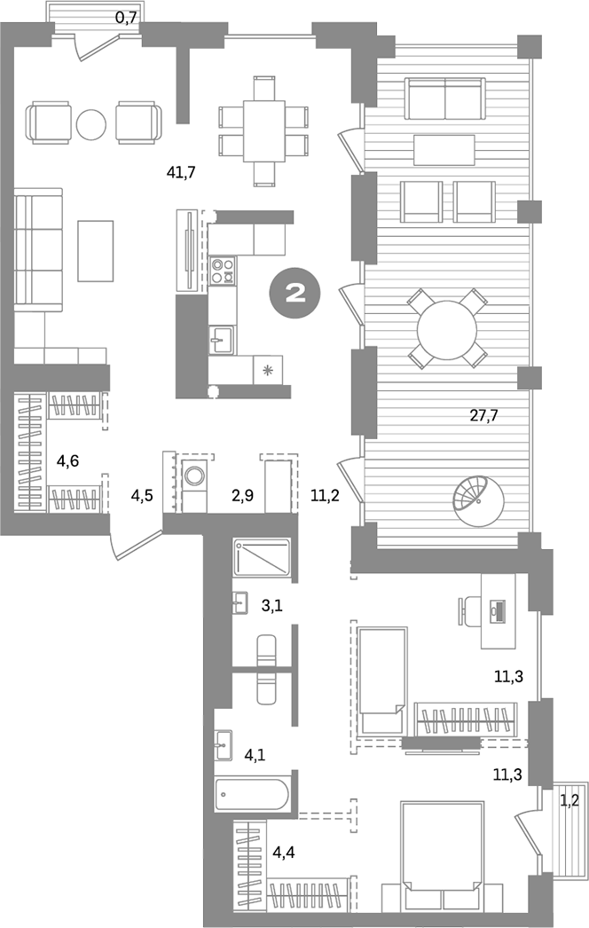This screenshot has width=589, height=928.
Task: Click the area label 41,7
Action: [x=181, y=172]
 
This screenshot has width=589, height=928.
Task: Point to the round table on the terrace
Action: [x=447, y=327]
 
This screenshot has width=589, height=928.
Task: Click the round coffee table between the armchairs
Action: [x=91, y=123]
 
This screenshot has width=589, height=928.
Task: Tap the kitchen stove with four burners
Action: [x=223, y=269]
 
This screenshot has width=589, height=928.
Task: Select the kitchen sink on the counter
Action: [x=221, y=338]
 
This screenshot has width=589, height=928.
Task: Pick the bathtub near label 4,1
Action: [x=252, y=792]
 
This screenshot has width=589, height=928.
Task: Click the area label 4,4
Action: [x=284, y=854]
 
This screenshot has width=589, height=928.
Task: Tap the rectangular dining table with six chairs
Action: [x=263, y=131]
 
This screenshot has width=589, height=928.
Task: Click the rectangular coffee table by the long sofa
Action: [x=96, y=250]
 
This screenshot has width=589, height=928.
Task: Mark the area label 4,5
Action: [x=143, y=495]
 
